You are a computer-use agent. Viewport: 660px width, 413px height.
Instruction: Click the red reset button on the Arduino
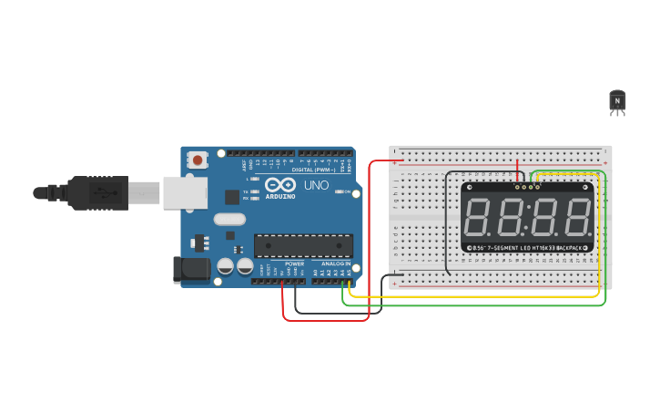coord(198,160)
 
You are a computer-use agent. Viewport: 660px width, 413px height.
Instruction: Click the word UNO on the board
coord(316,185)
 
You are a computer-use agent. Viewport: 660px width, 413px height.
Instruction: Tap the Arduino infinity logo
coord(279,184)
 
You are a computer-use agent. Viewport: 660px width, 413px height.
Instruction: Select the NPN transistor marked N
coord(618,100)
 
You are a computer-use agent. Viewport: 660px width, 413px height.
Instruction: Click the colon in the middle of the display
coord(528,218)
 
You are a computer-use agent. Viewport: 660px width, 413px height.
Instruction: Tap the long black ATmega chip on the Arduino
coord(303,245)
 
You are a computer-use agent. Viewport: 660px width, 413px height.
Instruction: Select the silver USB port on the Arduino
coord(185,192)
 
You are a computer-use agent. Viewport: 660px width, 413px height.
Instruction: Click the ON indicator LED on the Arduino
coord(339,191)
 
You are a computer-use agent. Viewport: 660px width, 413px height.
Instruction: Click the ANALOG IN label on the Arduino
coord(336,263)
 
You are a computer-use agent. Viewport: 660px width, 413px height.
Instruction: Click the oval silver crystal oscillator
coord(229,219)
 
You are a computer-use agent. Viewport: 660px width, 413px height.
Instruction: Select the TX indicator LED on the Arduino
coord(254,191)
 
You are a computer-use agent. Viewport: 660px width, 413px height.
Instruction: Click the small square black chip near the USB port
coord(232,196)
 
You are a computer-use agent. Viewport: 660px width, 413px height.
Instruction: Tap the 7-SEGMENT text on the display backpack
coord(503,248)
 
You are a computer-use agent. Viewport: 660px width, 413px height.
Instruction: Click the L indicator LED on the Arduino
coord(254,179)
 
